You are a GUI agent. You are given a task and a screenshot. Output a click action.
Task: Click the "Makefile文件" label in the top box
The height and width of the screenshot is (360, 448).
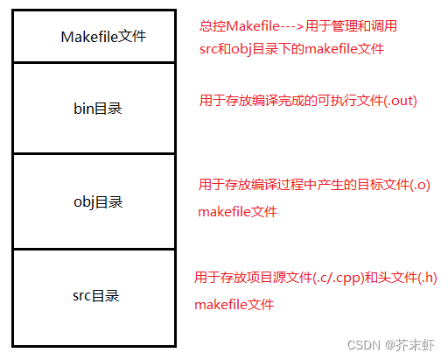103,37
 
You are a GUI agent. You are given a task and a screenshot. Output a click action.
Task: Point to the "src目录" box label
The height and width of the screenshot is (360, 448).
95,296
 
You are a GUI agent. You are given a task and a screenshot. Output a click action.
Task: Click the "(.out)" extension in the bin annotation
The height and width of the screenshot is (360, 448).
399,101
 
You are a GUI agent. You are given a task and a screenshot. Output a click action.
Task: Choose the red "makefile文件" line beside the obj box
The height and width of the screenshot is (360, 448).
237,211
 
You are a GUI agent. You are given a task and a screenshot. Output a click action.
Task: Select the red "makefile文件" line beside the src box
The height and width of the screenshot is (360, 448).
234,305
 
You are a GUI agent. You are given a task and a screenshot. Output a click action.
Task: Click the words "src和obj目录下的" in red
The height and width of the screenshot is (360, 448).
251,49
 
